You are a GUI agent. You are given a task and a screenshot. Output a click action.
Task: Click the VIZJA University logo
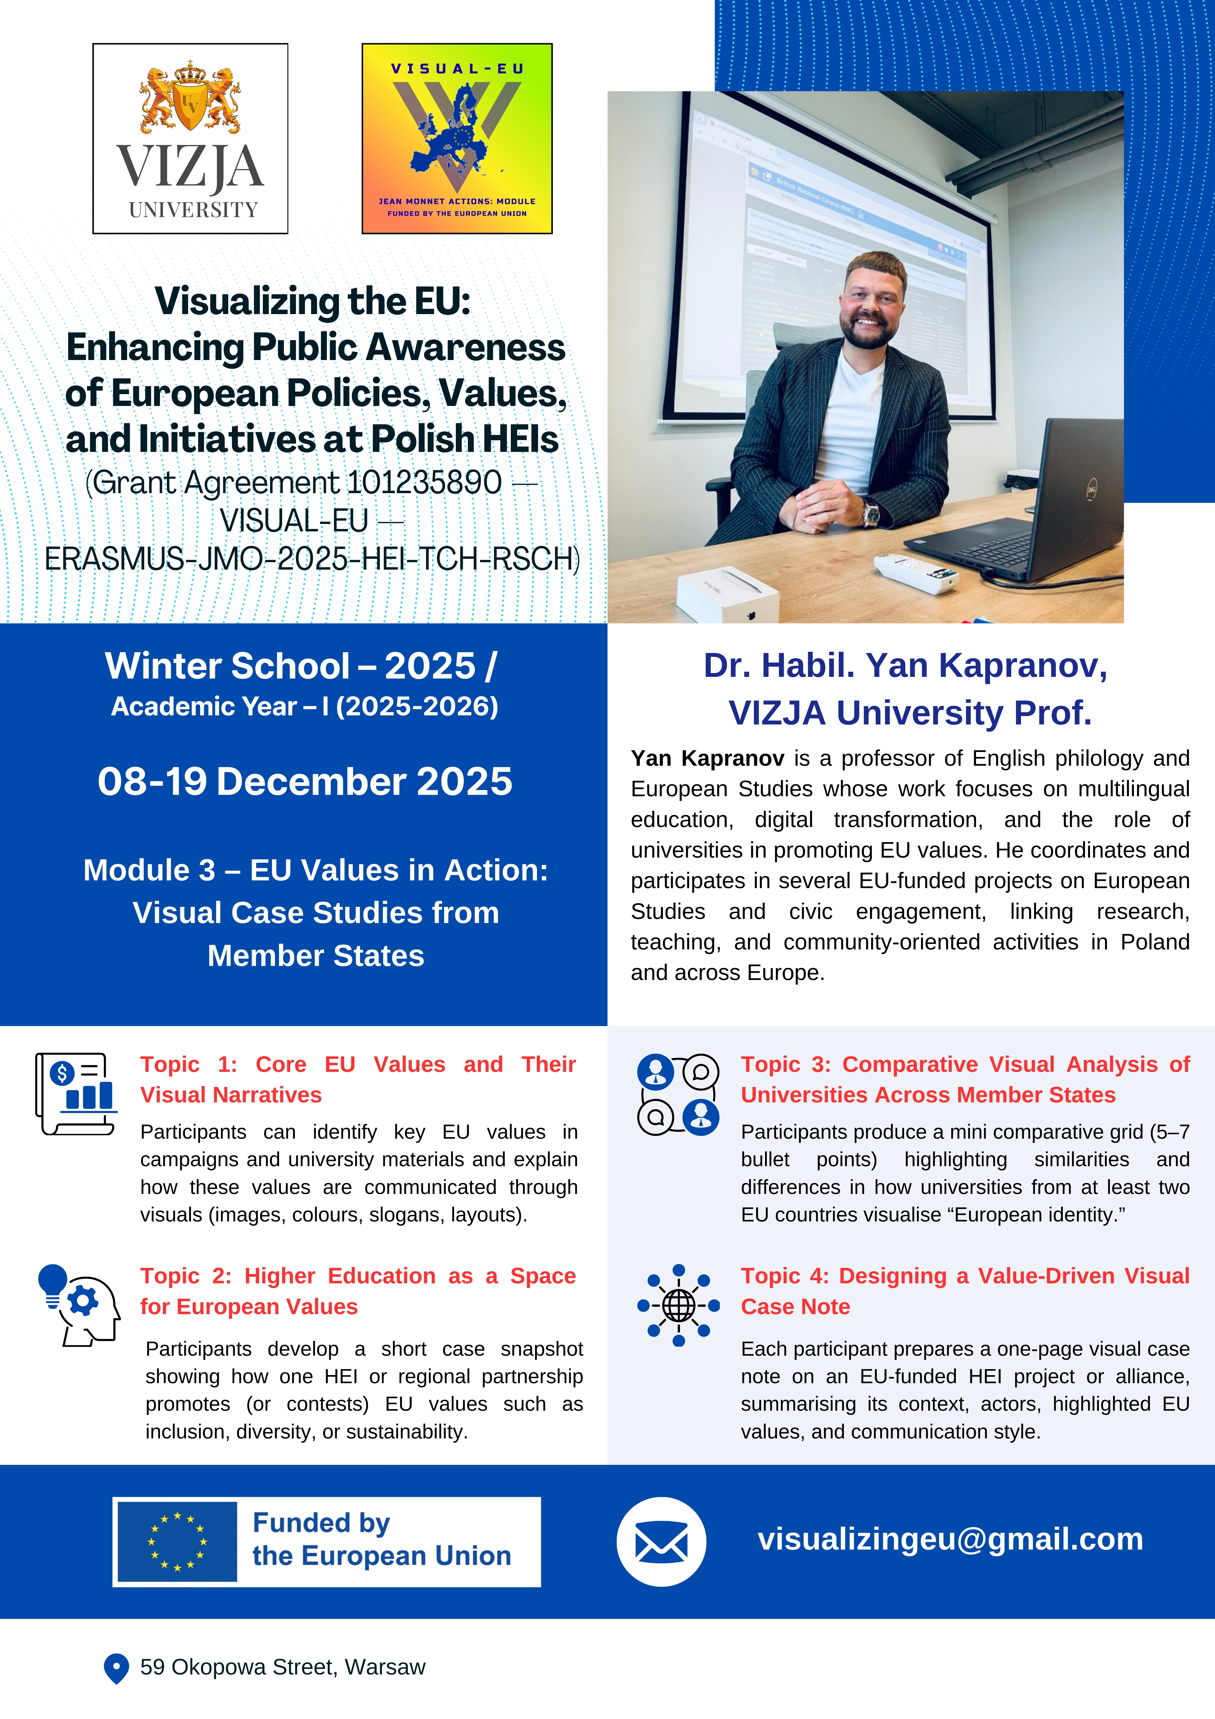click(x=190, y=139)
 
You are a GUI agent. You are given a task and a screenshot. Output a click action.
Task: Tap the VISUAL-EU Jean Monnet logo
click(x=457, y=139)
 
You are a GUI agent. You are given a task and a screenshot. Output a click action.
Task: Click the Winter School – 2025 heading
click(x=301, y=666)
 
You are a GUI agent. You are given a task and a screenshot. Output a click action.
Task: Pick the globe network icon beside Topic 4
click(x=678, y=1305)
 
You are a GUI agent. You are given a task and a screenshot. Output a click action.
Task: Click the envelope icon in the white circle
click(x=661, y=1542)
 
